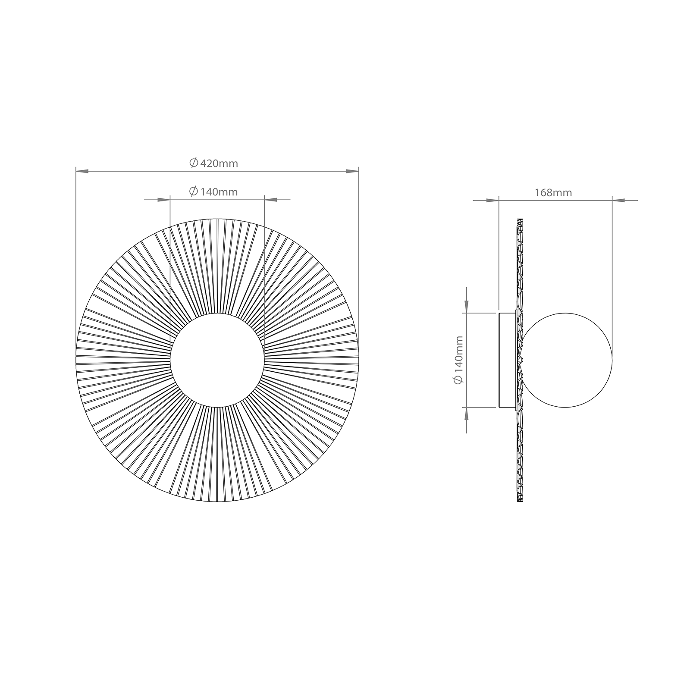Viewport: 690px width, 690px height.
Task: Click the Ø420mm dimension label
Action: (x=213, y=163)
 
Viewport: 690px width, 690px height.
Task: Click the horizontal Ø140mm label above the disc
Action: (x=213, y=191)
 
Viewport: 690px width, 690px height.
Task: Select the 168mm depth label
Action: (x=553, y=193)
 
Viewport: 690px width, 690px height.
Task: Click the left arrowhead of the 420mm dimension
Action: (x=82, y=172)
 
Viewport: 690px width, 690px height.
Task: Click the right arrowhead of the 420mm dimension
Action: (x=352, y=172)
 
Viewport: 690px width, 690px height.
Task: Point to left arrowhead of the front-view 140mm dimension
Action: (x=164, y=200)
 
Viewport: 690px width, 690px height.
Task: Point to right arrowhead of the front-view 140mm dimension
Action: (x=270, y=200)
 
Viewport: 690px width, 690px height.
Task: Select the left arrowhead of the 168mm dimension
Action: (x=492, y=200)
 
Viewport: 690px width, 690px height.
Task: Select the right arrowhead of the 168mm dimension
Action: (x=618, y=200)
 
